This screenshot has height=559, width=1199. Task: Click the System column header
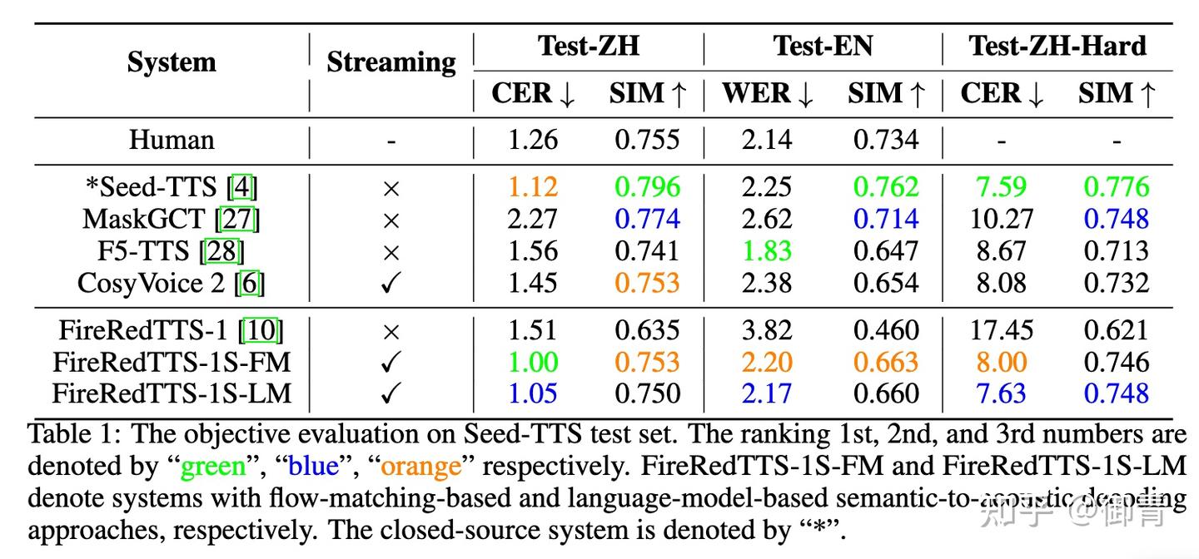tap(172, 62)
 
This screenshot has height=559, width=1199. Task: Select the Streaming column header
tap(391, 62)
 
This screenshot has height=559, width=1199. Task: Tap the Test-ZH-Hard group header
tap(1057, 46)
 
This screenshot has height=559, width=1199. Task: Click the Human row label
tap(172, 140)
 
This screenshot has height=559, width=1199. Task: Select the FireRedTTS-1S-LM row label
tap(172, 393)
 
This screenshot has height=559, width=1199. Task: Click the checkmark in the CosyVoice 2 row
tap(391, 284)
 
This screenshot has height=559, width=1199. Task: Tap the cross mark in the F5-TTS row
tap(391, 252)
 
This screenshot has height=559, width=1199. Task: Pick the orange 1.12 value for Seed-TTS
tap(532, 187)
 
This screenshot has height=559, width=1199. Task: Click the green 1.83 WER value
tap(766, 251)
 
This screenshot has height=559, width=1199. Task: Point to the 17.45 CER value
tap(1001, 330)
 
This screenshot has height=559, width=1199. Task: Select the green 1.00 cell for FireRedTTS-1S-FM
tap(532, 362)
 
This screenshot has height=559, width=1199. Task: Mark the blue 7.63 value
tap(1001, 393)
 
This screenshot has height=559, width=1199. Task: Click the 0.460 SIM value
tap(886, 330)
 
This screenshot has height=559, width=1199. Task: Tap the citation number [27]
tap(236, 220)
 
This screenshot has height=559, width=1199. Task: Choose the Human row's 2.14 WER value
tap(766, 140)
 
